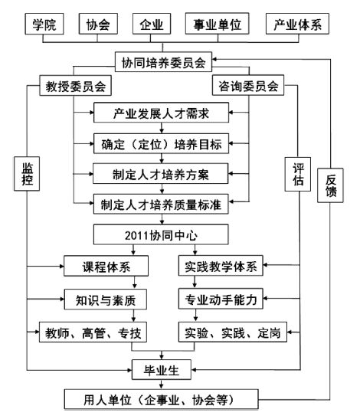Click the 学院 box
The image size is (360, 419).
tap(44, 24)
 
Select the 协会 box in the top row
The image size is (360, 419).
tap(98, 24)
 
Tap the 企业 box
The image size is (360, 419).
tap(152, 24)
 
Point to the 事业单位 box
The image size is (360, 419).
tap(218, 24)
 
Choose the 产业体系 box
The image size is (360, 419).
tap(297, 24)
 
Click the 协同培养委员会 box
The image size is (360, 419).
tap(164, 62)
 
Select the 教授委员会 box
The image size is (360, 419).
tap(75, 86)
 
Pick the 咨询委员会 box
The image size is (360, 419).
tap(248, 85)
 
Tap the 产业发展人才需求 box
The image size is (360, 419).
tap(161, 113)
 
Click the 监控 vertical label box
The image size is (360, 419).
tap(27, 174)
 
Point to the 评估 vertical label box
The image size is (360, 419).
tap(298, 174)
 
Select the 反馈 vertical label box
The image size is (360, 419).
tap(330, 185)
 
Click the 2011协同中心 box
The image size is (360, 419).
tap(161, 234)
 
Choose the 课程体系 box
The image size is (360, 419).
tap(106, 266)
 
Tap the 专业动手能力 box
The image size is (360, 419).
tap(221, 299)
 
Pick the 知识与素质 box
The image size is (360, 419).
tap(106, 300)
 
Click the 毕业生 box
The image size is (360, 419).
tap(162, 370)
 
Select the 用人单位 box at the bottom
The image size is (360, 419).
tap(161, 400)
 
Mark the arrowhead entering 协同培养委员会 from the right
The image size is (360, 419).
tap(214, 59)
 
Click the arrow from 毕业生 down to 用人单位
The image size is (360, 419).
tap(162, 385)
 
